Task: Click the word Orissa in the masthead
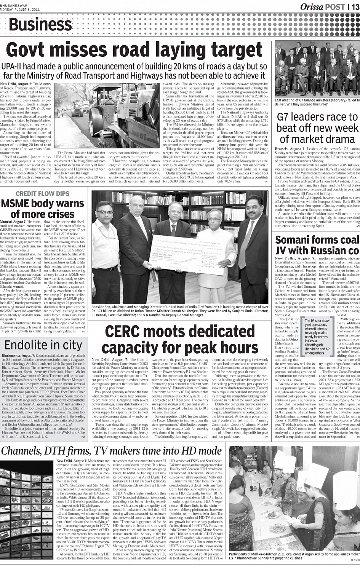312,6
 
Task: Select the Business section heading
40,25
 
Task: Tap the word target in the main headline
227,50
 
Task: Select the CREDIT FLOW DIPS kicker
42,193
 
